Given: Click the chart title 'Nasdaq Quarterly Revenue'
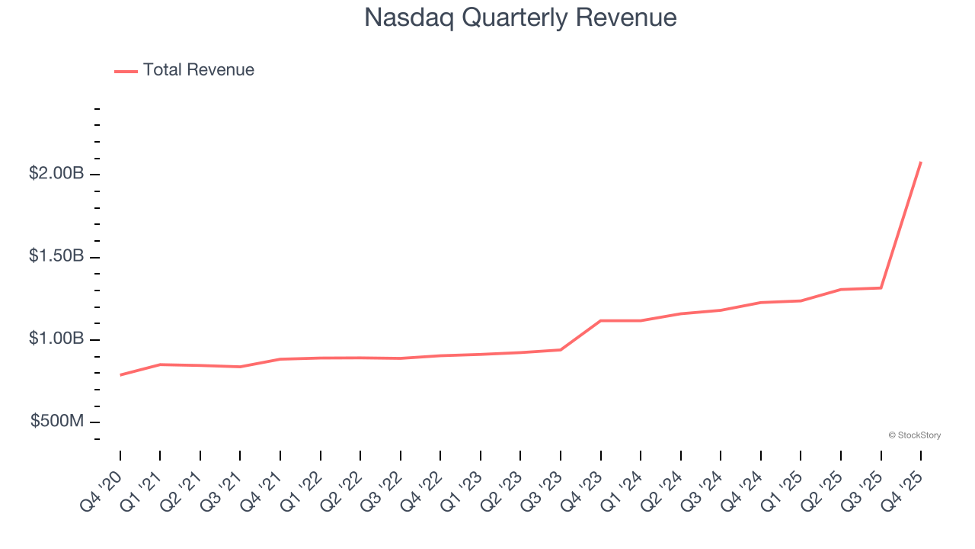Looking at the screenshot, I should [x=520, y=17].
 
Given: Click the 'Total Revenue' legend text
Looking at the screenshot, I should [x=198, y=70].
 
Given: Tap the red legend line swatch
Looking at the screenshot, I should [x=126, y=71].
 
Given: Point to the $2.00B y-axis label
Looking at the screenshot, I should [x=56, y=174].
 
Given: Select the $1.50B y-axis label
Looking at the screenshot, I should [x=56, y=256].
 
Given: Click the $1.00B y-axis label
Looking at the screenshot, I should [x=56, y=339].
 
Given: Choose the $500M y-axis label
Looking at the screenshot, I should [x=57, y=421].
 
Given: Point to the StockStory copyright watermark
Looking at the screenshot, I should [x=914, y=435].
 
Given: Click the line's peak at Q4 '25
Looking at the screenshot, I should [x=921, y=162].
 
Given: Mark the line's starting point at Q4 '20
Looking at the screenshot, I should [x=120, y=375].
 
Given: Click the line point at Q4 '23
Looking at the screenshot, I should [x=601, y=320].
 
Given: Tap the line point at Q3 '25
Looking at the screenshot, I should [x=881, y=287].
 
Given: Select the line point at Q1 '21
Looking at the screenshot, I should [x=160, y=364].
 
